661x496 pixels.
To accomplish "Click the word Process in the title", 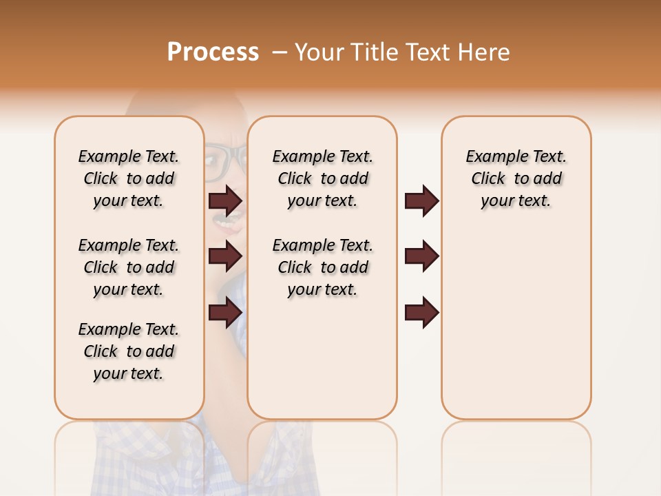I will coord(213,52).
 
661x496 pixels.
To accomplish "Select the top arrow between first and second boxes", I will coord(225,200).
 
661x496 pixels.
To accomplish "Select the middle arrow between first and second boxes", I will coord(225,256).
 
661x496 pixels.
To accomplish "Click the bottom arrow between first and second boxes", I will coord(225,313).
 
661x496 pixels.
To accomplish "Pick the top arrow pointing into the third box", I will coord(421,200).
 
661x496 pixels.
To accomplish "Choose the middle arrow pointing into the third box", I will coord(421,256).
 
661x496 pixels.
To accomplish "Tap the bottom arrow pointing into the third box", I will coord(421,313).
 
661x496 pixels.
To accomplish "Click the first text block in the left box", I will coord(129,178).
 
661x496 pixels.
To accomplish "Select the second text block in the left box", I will coord(129,267).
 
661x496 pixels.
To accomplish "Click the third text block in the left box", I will coord(129,351).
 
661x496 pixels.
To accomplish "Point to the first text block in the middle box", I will coord(322,178).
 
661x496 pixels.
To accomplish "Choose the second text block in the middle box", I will coord(322,267).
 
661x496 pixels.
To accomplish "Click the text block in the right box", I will coord(516,178).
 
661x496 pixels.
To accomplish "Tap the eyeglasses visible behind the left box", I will coord(225,159).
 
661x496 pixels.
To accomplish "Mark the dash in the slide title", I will coord(279,52).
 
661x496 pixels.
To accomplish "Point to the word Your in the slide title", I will coord(319,52).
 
